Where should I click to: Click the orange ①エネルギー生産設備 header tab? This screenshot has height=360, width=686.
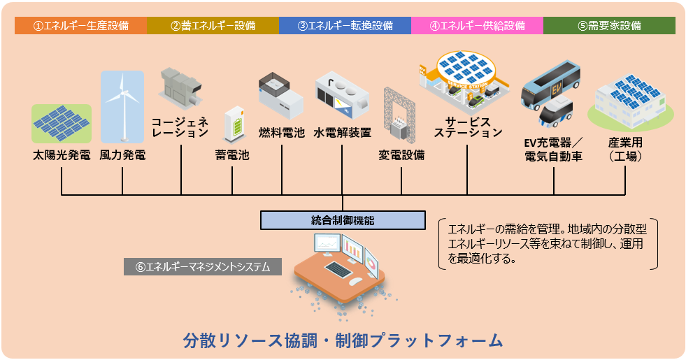point(80,26)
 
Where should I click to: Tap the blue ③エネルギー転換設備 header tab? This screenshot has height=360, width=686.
point(345,26)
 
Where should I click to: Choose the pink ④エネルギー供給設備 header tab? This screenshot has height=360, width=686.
point(477,26)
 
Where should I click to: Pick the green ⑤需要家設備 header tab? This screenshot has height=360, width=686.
point(609,26)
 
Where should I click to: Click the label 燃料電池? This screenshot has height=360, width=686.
point(282,131)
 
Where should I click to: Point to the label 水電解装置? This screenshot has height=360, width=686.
point(342,131)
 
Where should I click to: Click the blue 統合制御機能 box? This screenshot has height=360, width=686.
point(343,219)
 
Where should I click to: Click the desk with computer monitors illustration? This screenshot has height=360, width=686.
point(342,266)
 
